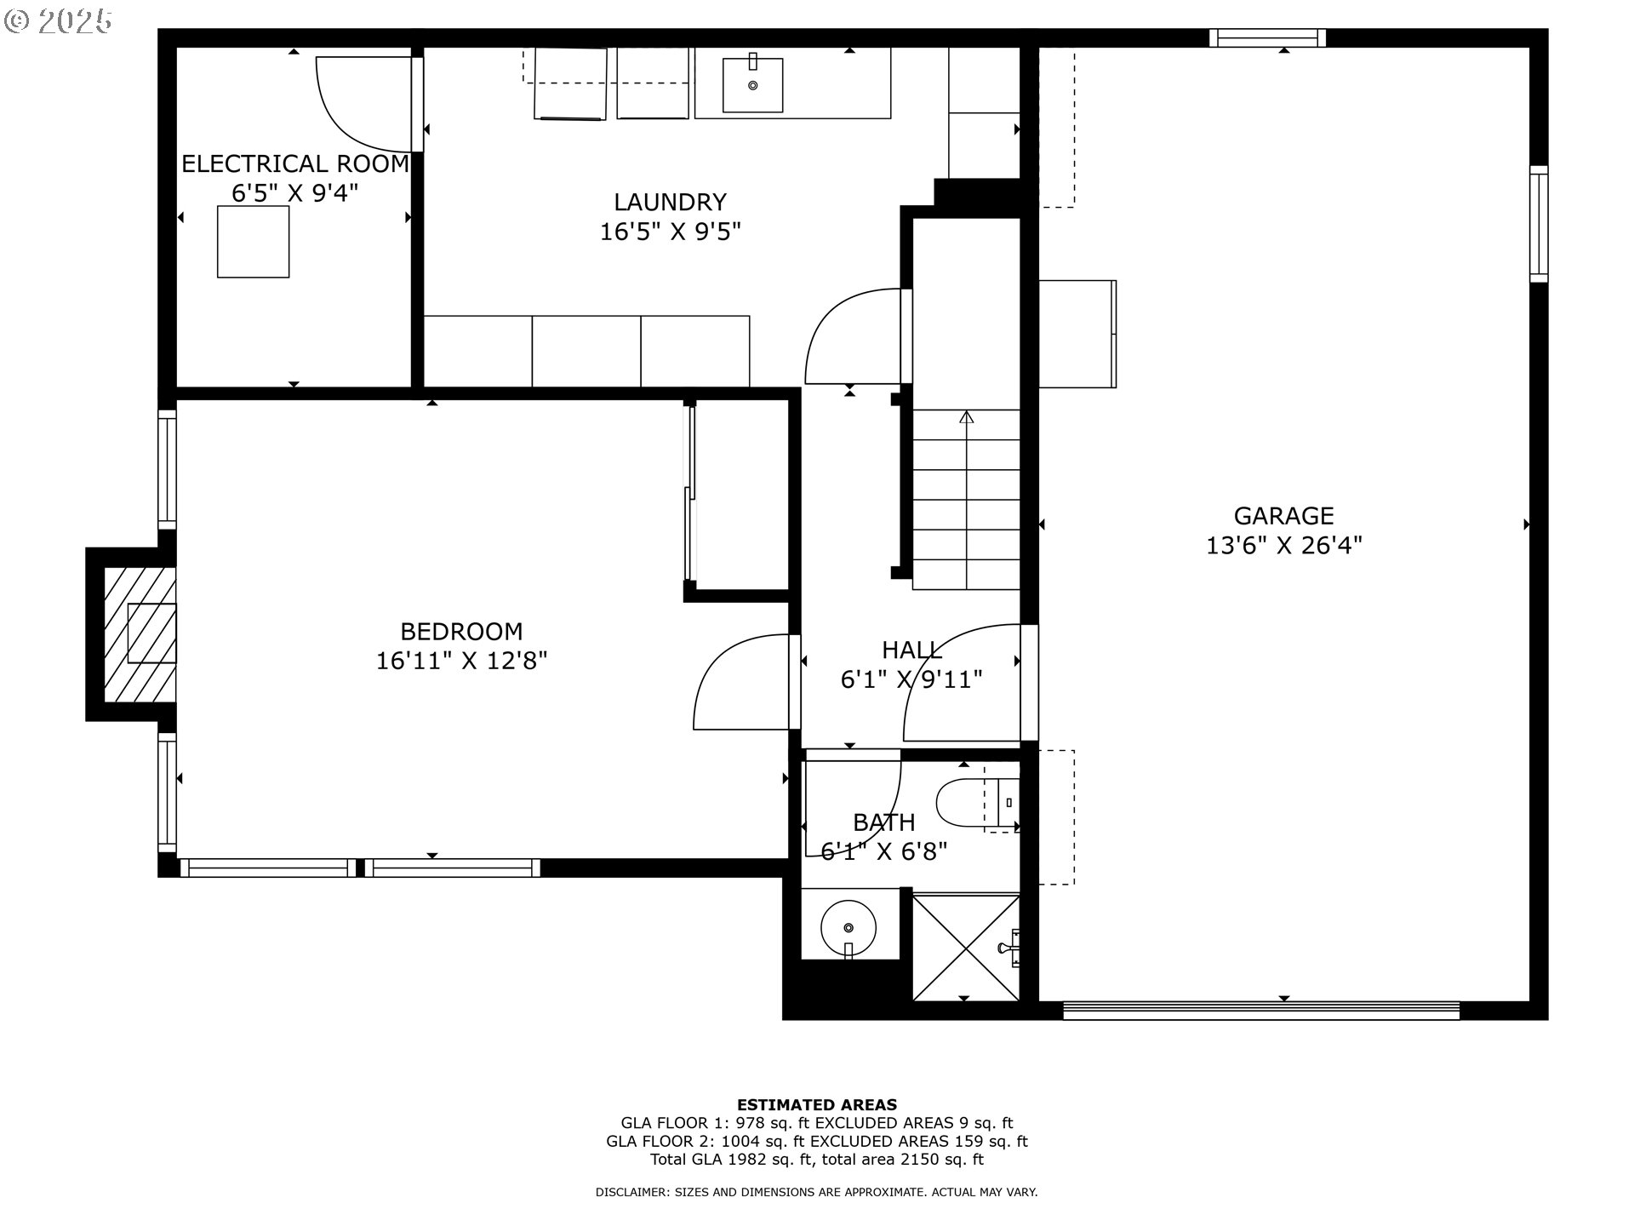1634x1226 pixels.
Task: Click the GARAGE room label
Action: (1283, 516)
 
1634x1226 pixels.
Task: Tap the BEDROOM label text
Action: (461, 632)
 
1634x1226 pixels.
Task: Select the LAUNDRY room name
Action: (671, 203)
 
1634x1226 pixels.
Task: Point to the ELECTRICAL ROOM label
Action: (295, 163)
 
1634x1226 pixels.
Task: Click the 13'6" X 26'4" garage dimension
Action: (1284, 546)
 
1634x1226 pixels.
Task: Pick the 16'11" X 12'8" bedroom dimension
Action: (461, 662)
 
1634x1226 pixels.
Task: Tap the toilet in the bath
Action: (978, 802)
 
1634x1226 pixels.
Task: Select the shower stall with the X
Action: (966, 946)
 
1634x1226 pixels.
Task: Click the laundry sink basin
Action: (753, 85)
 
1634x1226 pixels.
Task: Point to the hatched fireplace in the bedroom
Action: (140, 634)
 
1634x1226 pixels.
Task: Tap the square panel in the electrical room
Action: (253, 242)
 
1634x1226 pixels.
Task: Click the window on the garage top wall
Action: (1268, 37)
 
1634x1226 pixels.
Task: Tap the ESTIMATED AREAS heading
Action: (817, 1105)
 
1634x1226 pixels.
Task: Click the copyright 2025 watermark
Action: (58, 21)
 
